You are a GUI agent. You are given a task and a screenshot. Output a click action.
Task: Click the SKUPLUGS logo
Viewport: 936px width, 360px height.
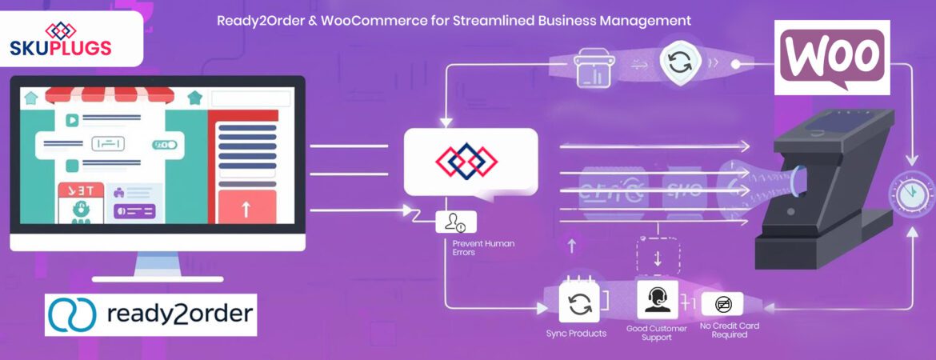click(x=61, y=40)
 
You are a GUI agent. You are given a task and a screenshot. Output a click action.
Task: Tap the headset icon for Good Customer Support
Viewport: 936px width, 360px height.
click(x=657, y=300)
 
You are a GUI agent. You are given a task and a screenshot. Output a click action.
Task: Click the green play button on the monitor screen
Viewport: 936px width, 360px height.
click(x=72, y=121)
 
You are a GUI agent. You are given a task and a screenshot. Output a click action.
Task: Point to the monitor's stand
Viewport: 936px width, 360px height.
click(x=157, y=266)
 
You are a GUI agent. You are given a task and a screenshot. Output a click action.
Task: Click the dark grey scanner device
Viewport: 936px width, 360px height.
click(x=824, y=192)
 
